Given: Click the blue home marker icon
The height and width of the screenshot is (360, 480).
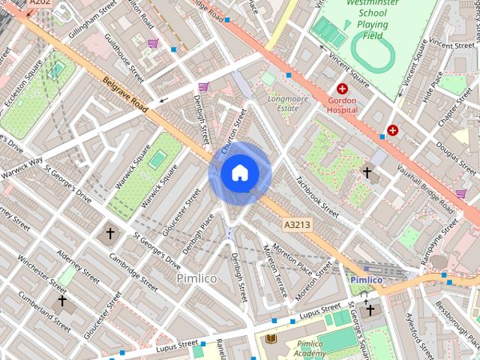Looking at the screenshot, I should click(x=240, y=173).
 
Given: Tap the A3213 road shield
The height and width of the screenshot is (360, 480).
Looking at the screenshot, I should click(x=297, y=224).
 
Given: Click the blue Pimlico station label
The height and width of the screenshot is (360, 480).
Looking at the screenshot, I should click(x=366, y=280).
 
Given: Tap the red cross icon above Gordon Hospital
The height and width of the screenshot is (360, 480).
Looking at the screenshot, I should click(x=343, y=88).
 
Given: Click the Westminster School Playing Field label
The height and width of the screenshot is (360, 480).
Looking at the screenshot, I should click(x=372, y=19).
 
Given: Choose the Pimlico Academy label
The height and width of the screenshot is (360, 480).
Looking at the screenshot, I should click(x=309, y=349).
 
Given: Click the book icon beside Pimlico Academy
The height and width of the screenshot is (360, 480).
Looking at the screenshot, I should click(x=270, y=340).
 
